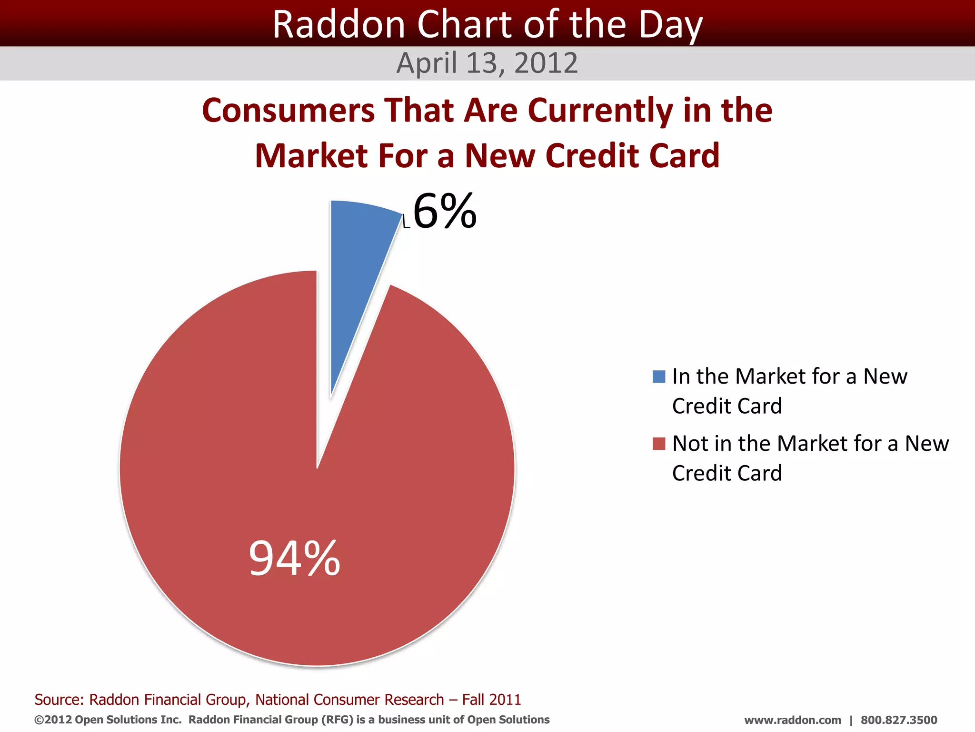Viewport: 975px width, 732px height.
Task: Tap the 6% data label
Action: pyautogui.click(x=445, y=211)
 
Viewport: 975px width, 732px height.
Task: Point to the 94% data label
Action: pyautogui.click(x=295, y=558)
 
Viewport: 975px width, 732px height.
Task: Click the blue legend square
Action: pyautogui.click(x=659, y=376)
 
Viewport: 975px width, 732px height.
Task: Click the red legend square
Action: pyautogui.click(x=659, y=444)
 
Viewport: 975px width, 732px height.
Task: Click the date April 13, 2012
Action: pyautogui.click(x=487, y=63)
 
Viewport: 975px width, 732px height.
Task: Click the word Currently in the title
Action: pyautogui.click(x=600, y=111)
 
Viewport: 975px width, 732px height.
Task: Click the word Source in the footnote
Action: pyautogui.click(x=59, y=700)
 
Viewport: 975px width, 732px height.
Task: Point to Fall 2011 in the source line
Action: pyautogui.click(x=491, y=700)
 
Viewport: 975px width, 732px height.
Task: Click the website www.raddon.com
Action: pyautogui.click(x=793, y=720)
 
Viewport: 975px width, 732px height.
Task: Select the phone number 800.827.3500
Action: pyautogui.click(x=898, y=720)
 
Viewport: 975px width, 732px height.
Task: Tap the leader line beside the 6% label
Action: pyautogui.click(x=406, y=222)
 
